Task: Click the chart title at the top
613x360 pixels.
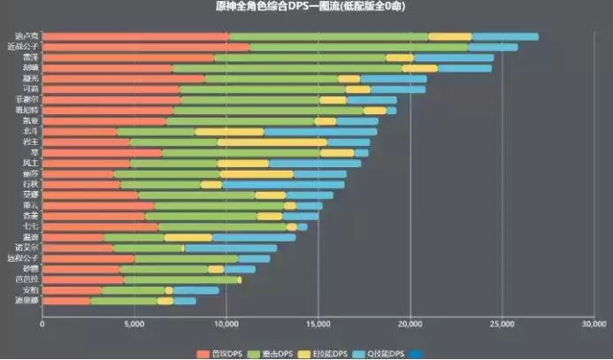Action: point(305,7)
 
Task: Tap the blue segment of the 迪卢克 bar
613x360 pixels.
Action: point(504,36)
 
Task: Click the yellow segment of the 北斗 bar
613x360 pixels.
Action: point(229,132)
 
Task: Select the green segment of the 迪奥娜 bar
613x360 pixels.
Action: point(124,301)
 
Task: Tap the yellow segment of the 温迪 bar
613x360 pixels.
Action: point(188,237)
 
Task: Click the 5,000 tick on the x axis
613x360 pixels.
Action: point(134,324)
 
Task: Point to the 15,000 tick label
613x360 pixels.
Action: point(318,324)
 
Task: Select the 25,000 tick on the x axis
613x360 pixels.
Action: point(502,324)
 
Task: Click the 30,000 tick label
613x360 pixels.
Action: point(594,324)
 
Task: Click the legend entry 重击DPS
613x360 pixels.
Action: point(277,354)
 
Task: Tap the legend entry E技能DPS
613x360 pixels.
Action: point(329,354)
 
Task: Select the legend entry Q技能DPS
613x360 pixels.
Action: point(383,354)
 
